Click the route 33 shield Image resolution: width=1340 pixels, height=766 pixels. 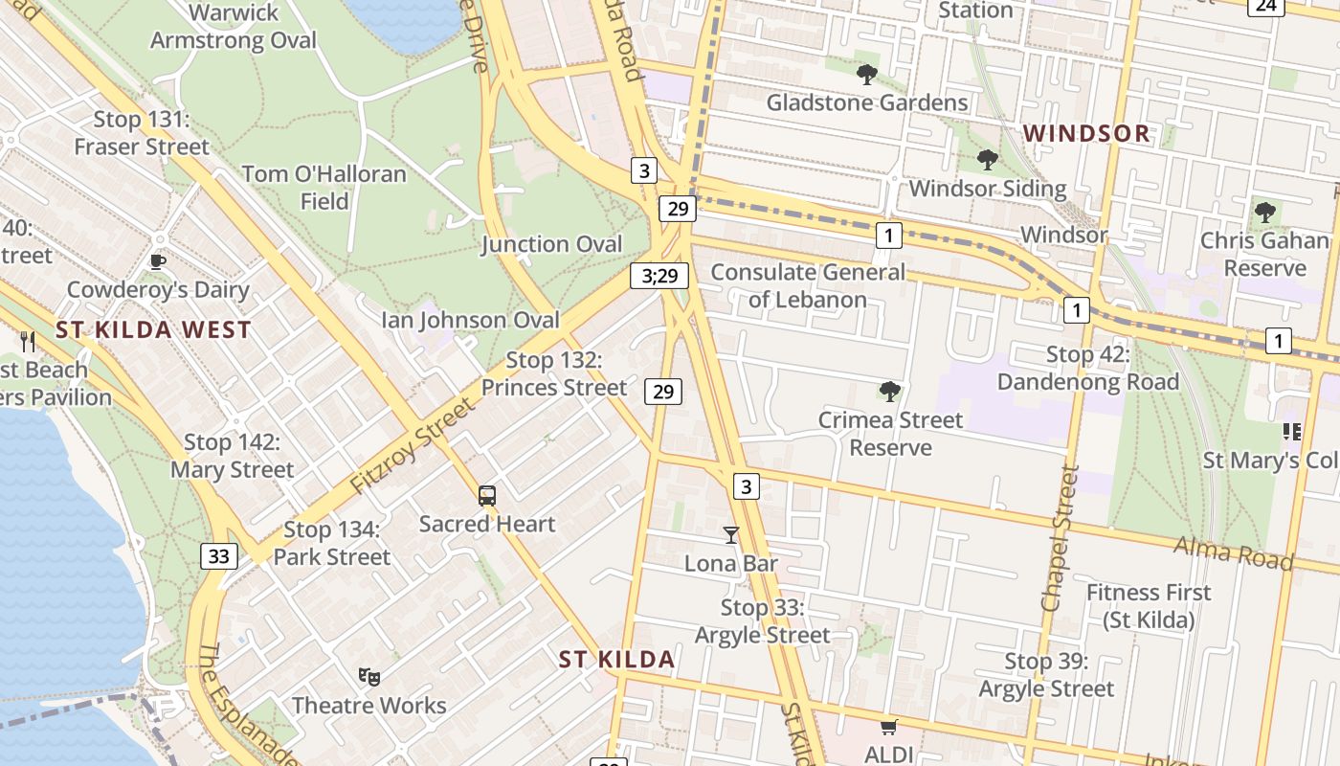[219, 556]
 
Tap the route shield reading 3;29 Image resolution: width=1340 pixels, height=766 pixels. [659, 277]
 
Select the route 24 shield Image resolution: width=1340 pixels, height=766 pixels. [1265, 6]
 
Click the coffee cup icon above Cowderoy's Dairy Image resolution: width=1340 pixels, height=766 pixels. [158, 261]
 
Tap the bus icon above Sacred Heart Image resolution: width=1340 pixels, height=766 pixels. [487, 496]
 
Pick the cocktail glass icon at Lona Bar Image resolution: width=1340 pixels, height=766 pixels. [731, 535]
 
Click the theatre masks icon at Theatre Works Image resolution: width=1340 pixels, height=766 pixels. [369, 677]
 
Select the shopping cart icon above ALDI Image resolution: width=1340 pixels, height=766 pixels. [889, 728]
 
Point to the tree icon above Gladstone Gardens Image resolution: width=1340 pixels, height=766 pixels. [867, 74]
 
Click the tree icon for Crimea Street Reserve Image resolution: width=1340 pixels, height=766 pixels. [890, 391]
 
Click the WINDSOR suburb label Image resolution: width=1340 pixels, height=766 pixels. [1086, 133]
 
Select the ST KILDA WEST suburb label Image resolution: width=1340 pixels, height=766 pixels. [153, 330]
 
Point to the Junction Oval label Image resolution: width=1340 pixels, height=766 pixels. [551, 244]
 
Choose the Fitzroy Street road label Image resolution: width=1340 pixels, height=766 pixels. [412, 446]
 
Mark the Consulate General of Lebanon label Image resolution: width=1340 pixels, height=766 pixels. [807, 285]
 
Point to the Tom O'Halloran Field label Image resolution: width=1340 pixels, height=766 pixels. [324, 188]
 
